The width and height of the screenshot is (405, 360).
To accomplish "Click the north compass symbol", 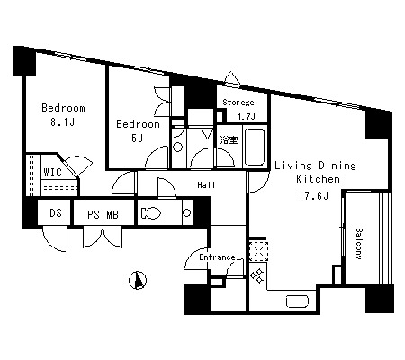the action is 138,281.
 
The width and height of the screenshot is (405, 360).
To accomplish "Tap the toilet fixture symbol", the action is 151,213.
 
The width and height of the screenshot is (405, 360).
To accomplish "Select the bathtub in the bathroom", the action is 255,147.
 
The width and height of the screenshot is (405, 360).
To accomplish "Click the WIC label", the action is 53,172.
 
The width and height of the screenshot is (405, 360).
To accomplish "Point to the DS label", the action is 56,212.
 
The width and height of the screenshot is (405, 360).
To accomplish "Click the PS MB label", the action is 103,214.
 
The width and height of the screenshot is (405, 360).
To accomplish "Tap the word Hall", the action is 206,185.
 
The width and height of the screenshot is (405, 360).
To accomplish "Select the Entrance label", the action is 217,257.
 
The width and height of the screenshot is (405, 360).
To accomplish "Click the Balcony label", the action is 359,244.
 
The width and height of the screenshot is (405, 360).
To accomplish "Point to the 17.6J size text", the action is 313,196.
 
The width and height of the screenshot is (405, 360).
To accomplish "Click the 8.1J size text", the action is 62,122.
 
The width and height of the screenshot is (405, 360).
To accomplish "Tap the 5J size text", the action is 137,138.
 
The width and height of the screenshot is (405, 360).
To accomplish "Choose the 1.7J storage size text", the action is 247,116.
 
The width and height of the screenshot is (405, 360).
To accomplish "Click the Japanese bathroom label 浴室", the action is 229,139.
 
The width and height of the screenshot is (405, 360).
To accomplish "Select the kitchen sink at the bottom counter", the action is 297,301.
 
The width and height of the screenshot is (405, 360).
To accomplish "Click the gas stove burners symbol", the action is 257,275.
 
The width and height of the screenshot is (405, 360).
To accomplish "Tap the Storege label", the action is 238,103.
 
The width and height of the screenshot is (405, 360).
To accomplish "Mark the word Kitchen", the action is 318,179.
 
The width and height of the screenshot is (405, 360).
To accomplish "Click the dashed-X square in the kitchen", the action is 258,251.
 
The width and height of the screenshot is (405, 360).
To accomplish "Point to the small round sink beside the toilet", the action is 187,213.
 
